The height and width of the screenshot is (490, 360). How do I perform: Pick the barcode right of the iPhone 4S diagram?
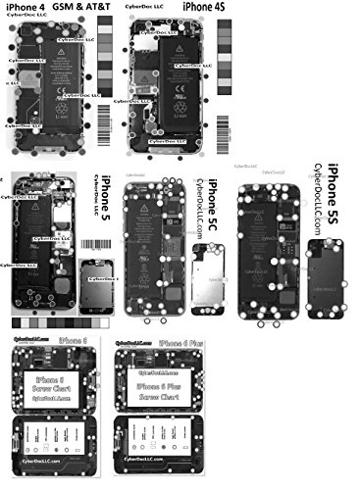pyautogui.click(x=225, y=116)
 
